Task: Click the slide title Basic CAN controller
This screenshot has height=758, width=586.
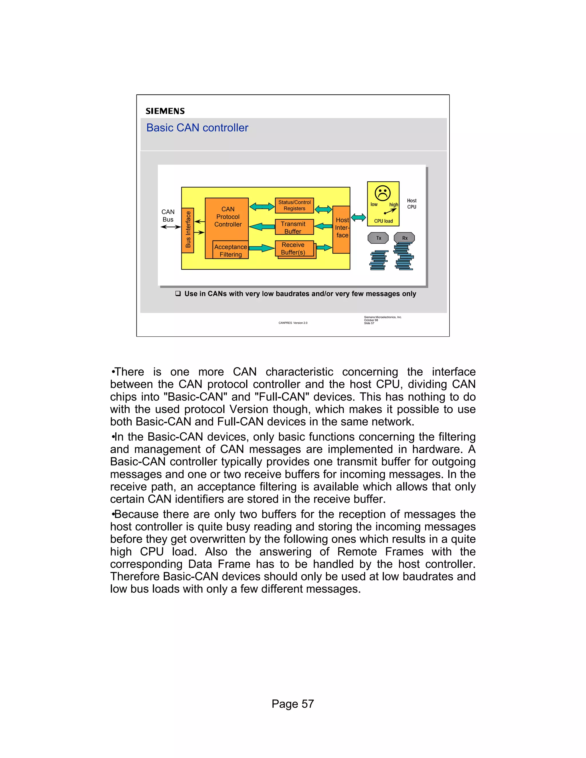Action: coord(197,128)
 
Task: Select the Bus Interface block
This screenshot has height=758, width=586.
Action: coord(188,230)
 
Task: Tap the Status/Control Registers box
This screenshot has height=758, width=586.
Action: coord(294,205)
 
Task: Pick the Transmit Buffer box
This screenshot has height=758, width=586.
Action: coord(294,227)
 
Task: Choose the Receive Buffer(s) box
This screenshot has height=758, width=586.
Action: coord(294,249)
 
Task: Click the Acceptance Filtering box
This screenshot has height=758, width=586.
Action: coord(231,250)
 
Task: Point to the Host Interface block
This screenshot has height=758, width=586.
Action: coord(342,229)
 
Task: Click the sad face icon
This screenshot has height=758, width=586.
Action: coord(383,193)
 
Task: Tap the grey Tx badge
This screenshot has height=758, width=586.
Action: coord(378,238)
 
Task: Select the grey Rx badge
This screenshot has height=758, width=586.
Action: coord(404,238)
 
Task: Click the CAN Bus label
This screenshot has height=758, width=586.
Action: coord(168,216)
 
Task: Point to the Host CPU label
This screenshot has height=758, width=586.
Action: coord(412,204)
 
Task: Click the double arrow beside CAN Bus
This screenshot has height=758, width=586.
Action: coord(171,227)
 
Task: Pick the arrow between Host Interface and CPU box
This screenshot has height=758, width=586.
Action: coord(359,218)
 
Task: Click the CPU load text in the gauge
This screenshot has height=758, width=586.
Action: coord(383,221)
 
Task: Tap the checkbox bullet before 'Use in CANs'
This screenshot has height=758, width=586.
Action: coord(178,294)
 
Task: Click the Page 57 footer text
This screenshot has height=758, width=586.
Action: coord(293,704)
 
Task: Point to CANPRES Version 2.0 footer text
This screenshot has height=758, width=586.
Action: coord(293,323)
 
